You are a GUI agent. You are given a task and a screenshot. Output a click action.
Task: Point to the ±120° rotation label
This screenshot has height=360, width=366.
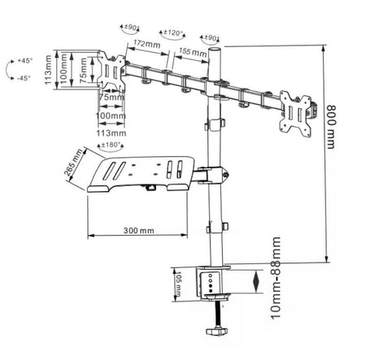172,35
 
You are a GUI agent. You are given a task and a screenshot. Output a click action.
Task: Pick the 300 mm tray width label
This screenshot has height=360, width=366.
141,230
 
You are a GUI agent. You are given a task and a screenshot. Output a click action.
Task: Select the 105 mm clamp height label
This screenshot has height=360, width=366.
178,284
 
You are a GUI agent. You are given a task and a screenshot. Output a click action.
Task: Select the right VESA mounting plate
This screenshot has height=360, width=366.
298,108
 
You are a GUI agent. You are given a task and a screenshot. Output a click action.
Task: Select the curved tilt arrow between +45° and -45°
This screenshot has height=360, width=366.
9,70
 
